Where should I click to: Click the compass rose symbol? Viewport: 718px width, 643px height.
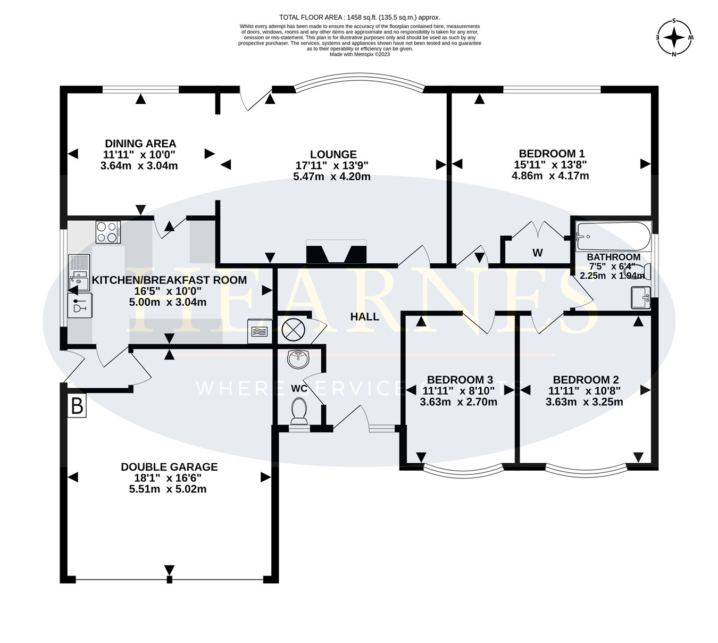click(674, 37)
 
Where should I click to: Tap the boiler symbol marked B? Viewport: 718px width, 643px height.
click(77, 406)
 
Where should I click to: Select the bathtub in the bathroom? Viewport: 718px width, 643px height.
click(613, 236)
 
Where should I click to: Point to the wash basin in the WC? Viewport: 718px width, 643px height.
click(298, 359)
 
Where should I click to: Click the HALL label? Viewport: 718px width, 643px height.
click(364, 317)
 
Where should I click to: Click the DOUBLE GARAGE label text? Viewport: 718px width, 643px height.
click(169, 467)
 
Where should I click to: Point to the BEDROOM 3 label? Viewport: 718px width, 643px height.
click(460, 380)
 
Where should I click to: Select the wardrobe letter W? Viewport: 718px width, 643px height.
click(538, 253)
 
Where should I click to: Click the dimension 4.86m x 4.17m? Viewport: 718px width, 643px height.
click(550, 176)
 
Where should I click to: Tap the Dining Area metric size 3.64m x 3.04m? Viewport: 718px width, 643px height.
click(139, 166)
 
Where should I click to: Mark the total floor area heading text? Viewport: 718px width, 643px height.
click(360, 18)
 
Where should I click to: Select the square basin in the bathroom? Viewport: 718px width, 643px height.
click(640, 298)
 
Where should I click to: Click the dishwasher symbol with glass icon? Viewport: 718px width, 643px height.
click(80, 305)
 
